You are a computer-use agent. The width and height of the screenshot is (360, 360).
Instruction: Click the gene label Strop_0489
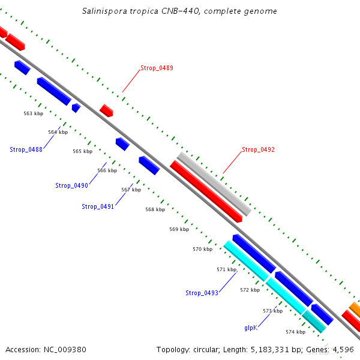click(x=157, y=68)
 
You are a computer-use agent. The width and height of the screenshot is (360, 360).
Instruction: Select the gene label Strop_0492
click(x=258, y=149)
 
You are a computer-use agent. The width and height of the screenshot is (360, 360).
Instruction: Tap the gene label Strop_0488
click(x=26, y=149)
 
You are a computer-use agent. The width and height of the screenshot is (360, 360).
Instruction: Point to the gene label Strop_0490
click(x=71, y=185)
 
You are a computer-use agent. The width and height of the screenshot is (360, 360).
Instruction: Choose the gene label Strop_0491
click(x=98, y=206)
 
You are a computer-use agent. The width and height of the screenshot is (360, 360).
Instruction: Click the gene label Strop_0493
click(x=202, y=293)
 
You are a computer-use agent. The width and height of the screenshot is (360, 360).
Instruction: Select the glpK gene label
click(x=250, y=328)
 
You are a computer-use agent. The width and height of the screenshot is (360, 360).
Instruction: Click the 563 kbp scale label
click(x=34, y=113)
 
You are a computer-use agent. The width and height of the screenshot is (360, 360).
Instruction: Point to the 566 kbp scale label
click(x=107, y=170)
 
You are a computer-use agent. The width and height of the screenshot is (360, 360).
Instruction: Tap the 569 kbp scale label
click(x=179, y=229)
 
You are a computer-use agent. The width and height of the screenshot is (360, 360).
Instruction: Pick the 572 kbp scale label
click(x=250, y=290)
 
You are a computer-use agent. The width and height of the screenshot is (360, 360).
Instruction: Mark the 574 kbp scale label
click(x=295, y=332)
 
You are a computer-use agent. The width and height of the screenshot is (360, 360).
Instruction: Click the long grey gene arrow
click(x=214, y=184)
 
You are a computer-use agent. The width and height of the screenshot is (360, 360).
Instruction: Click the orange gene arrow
click(x=355, y=310)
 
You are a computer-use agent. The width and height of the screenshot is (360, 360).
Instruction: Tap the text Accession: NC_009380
click(x=46, y=349)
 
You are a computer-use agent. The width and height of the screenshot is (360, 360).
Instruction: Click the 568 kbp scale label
click(x=155, y=209)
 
